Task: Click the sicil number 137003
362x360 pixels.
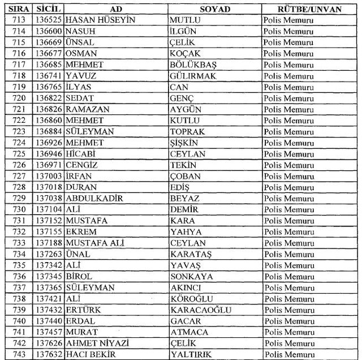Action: click(x=49, y=176)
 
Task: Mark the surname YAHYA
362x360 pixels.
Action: click(x=186, y=232)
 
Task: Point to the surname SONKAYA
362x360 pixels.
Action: click(x=192, y=277)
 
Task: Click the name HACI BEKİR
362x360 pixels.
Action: click(x=90, y=354)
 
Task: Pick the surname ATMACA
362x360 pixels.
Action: click(x=189, y=332)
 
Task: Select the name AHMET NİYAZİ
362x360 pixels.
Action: click(x=94, y=344)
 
